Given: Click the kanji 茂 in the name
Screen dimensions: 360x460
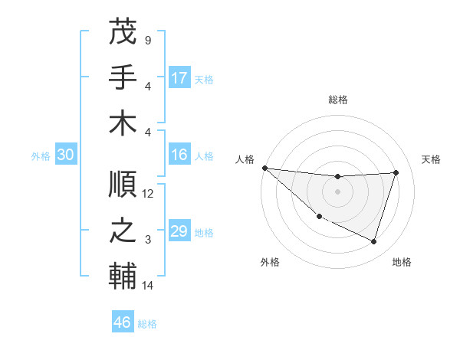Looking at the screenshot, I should pos(123,33).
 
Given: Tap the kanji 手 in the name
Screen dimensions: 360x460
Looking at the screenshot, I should pos(123,77).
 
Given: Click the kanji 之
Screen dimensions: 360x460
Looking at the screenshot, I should pos(123,231).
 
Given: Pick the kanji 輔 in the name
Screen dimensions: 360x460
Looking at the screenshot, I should pos(123,276).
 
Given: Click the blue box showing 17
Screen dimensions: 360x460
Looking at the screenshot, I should pos(179,78).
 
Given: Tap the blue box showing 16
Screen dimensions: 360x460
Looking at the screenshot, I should pos(179,155).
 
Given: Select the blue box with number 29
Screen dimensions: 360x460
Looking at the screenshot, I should pos(179,231).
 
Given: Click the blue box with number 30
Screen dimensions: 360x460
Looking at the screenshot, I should pos(65,155).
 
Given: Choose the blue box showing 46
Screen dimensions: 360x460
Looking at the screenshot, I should pos(123,322).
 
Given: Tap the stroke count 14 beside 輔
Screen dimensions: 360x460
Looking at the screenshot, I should pos(148,286).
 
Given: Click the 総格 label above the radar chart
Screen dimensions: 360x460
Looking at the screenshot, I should pos(338,100).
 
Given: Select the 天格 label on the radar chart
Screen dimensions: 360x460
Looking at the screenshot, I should pos(431,159).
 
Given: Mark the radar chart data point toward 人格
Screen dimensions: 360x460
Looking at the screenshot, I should pos(264,167).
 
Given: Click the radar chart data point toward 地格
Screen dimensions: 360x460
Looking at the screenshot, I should pos(374,241).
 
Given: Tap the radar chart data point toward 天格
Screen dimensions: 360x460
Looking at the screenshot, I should pos(396,172).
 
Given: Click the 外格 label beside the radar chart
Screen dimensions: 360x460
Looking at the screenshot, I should pos(270,262).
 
